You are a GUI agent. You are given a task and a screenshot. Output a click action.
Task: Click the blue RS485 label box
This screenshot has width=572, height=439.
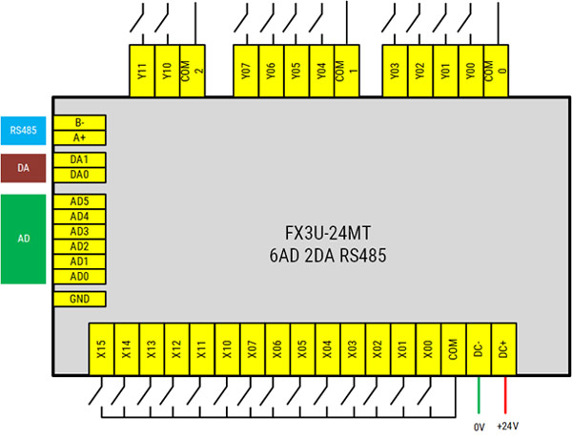(23, 130)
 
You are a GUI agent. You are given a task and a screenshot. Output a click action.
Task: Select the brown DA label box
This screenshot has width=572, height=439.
(23, 168)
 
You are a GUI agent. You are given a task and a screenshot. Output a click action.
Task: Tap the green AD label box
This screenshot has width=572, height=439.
(23, 239)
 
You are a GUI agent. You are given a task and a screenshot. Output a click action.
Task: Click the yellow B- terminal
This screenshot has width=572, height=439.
(80, 123)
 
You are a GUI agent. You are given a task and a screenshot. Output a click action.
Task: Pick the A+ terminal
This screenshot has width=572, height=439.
(80, 137)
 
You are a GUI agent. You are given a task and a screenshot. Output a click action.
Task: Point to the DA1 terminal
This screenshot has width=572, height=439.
(80, 160)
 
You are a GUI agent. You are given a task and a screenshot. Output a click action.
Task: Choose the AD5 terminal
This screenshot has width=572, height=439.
(80, 202)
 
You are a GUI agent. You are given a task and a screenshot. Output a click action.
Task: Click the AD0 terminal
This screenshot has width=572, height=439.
(80, 276)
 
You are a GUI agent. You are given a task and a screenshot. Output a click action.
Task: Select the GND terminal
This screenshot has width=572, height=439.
(80, 299)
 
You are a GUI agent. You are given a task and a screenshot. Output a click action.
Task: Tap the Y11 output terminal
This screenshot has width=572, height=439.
(141, 71)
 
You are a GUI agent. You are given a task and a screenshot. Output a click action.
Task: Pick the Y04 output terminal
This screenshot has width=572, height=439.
(321, 71)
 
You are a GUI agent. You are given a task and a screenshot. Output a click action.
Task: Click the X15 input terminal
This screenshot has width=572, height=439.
(99, 351)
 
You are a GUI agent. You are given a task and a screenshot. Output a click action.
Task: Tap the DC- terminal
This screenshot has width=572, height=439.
(479, 351)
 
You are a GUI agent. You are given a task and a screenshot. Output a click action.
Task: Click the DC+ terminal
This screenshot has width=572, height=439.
(504, 351)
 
